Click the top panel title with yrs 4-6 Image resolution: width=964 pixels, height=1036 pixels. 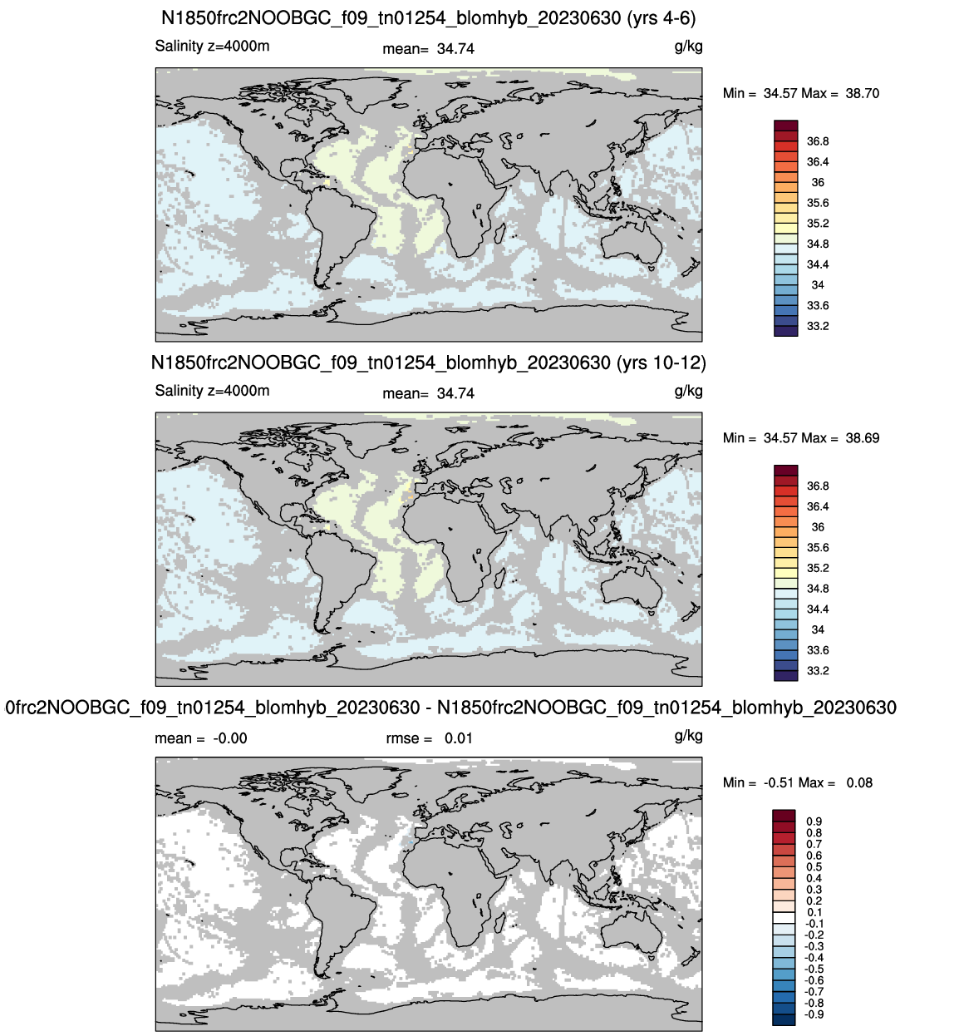(x=428, y=18)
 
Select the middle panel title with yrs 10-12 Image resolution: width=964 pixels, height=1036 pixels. (x=428, y=363)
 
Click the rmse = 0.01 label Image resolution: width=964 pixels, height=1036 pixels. (x=430, y=738)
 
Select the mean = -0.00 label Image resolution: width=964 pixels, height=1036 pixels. (x=201, y=738)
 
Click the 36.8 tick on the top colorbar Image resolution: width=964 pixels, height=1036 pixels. (x=818, y=141)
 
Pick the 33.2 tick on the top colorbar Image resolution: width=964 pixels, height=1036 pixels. (x=818, y=326)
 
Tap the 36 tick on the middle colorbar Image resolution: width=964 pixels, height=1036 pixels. (x=818, y=527)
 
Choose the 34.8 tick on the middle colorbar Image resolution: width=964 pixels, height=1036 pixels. (x=818, y=589)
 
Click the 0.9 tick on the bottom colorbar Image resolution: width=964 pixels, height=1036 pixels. (x=814, y=821)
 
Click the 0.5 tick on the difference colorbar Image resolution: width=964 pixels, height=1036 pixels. (x=814, y=867)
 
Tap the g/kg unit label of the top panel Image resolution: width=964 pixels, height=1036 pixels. (x=688, y=47)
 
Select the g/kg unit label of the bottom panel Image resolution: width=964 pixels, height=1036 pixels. (x=688, y=736)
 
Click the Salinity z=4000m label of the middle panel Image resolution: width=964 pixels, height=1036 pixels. (x=212, y=391)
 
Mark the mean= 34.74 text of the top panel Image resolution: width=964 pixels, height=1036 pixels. (x=428, y=49)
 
